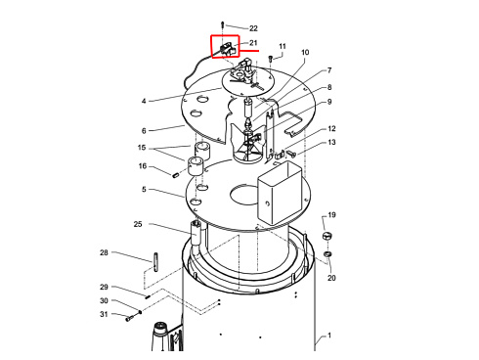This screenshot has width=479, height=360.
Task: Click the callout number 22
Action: point(253,28)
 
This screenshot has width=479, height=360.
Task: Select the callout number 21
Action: point(253,43)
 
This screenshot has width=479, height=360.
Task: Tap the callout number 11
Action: point(283,46)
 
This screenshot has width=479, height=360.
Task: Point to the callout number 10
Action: point(305,52)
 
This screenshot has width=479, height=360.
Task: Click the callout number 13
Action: point(331,142)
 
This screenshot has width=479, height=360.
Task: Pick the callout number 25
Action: point(138,224)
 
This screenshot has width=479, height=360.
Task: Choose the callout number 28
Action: point(104,252)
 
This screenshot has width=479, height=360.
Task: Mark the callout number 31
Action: point(104,314)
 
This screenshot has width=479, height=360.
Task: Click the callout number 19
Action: point(331,215)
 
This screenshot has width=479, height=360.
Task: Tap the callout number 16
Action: point(143,166)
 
